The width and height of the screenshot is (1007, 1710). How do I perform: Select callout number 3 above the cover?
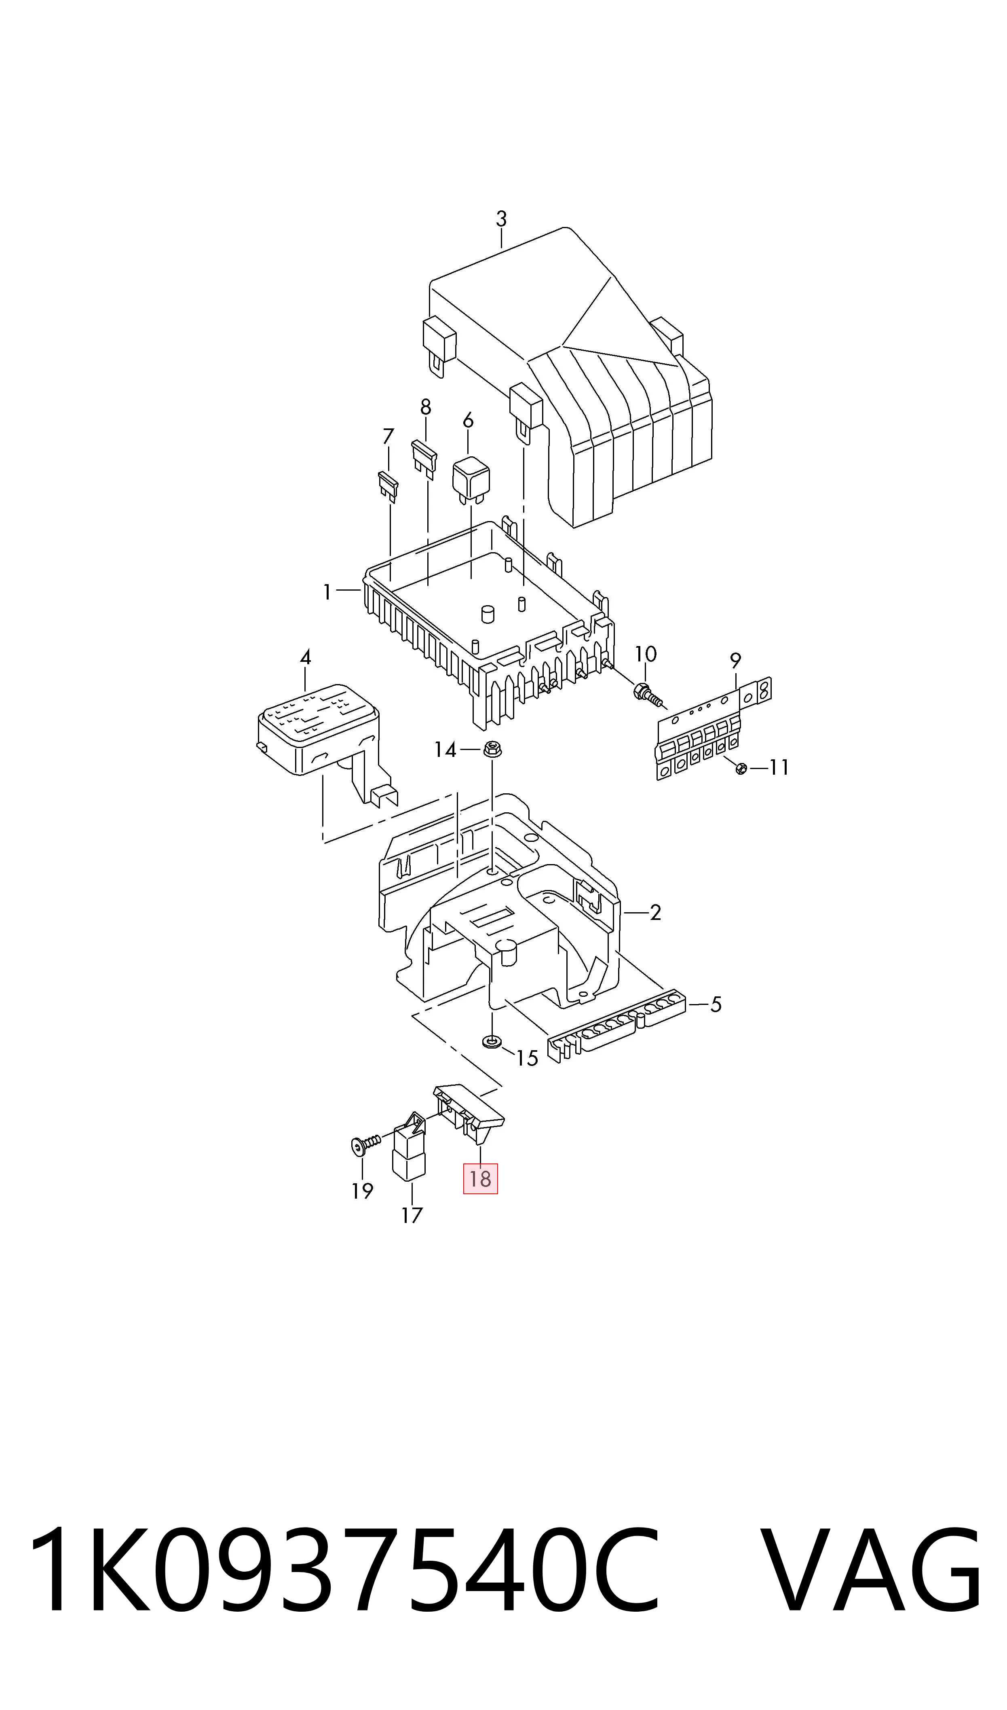[501, 219]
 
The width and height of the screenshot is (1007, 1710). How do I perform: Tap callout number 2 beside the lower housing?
[655, 913]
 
